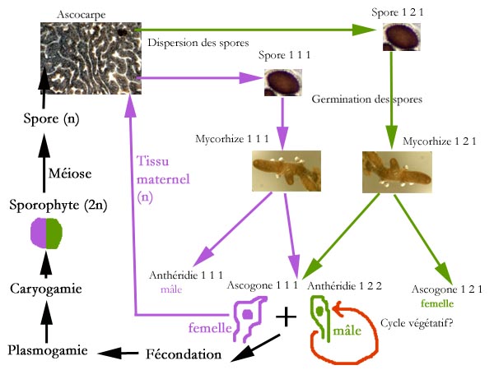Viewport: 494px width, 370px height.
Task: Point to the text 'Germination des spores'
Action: coord(367,99)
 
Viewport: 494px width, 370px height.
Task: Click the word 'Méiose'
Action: coord(48,173)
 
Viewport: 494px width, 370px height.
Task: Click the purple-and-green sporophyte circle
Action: coord(45,234)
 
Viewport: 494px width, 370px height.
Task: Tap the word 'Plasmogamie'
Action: coord(47,351)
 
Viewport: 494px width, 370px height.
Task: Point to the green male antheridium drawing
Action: coord(322,318)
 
